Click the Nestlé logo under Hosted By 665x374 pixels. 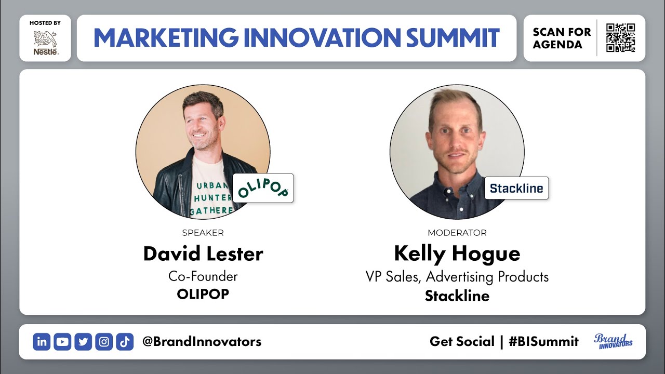(x=46, y=43)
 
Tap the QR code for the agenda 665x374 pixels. (x=620, y=38)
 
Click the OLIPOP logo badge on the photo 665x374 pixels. (x=263, y=188)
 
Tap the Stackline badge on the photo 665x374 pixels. (x=516, y=189)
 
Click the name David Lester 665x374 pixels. (x=203, y=254)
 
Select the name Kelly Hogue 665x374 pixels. (x=457, y=254)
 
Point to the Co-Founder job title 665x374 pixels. (x=203, y=276)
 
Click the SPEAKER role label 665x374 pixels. (x=203, y=233)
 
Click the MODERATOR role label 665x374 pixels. (x=457, y=233)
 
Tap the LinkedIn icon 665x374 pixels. (x=42, y=342)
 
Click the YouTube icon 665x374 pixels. (x=62, y=342)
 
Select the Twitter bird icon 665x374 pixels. (x=83, y=342)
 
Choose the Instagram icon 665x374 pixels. (x=104, y=342)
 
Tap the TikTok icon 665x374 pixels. (x=125, y=342)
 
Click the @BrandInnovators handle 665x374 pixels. (x=202, y=342)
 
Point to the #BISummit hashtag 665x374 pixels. (x=543, y=342)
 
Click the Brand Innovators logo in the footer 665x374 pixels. (x=613, y=341)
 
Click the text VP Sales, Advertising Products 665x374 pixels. (x=457, y=276)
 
